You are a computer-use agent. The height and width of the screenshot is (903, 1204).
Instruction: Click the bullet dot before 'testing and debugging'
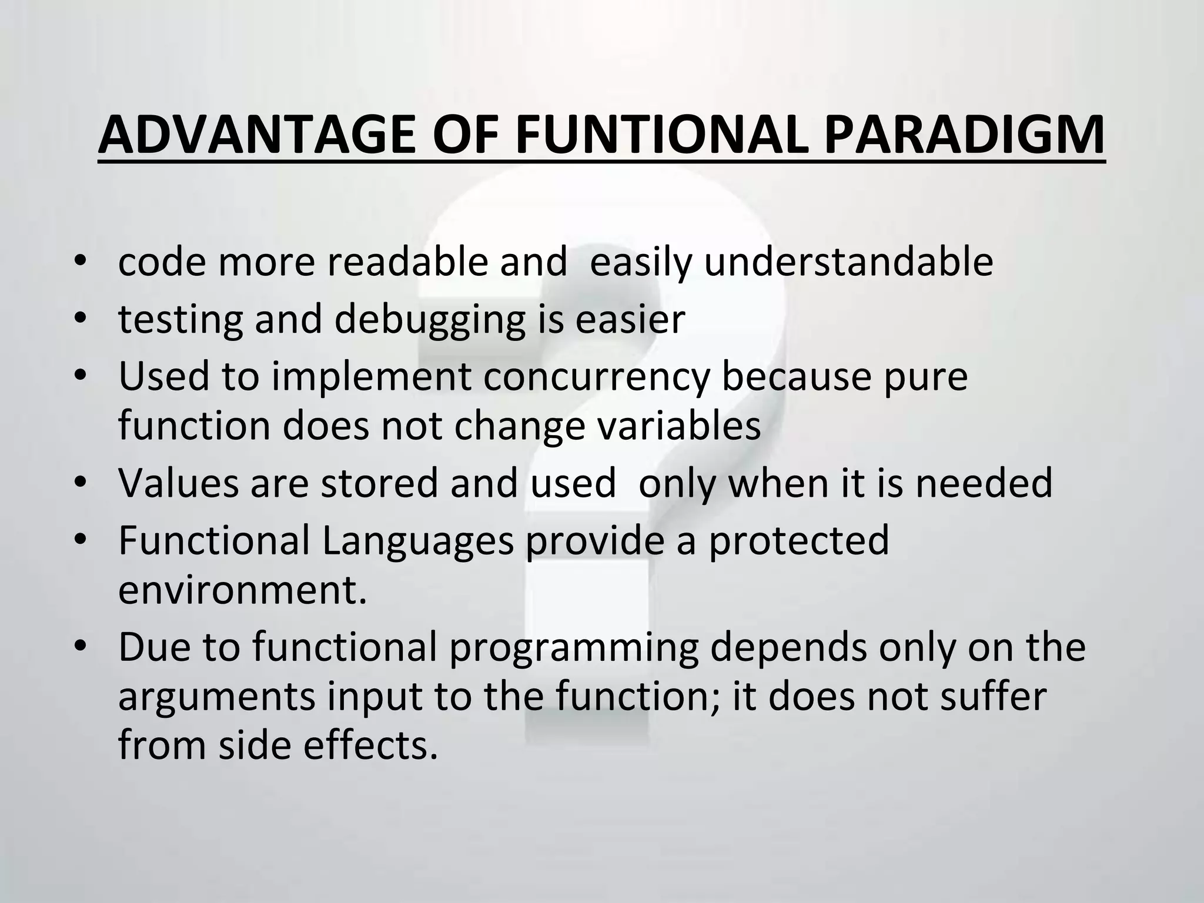81,319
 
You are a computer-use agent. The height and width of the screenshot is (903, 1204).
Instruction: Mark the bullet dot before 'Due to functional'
81,647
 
